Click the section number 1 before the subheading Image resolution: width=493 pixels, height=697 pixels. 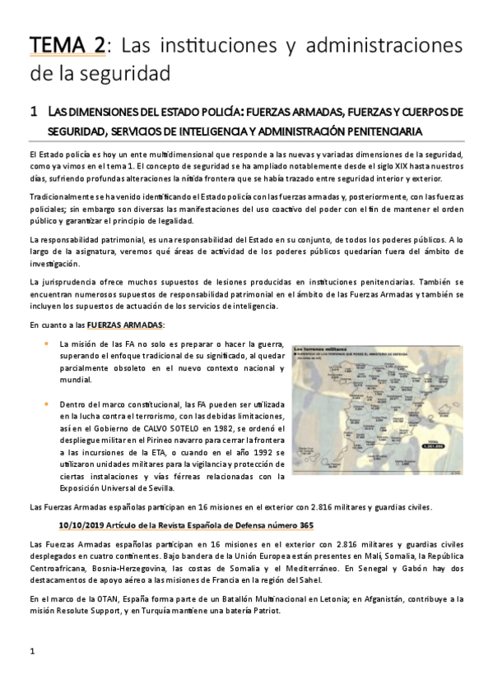pos(32,111)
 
